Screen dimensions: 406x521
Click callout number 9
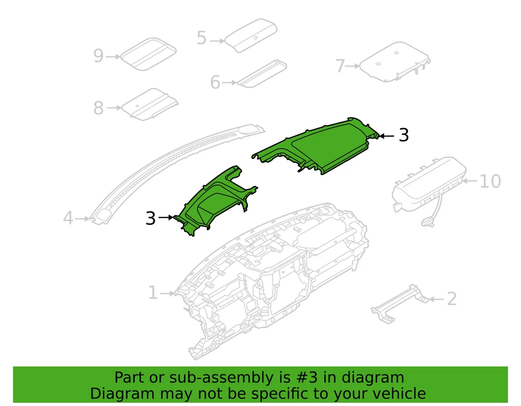click(98, 56)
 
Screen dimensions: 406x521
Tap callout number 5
click(201, 38)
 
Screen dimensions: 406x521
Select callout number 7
click(340, 66)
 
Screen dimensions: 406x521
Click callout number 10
click(490, 181)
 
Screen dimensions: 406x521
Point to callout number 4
click(67, 218)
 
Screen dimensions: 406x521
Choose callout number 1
click(153, 293)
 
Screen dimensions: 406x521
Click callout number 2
click(451, 299)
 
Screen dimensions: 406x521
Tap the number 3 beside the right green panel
click(403, 136)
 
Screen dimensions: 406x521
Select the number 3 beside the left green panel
click(150, 218)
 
